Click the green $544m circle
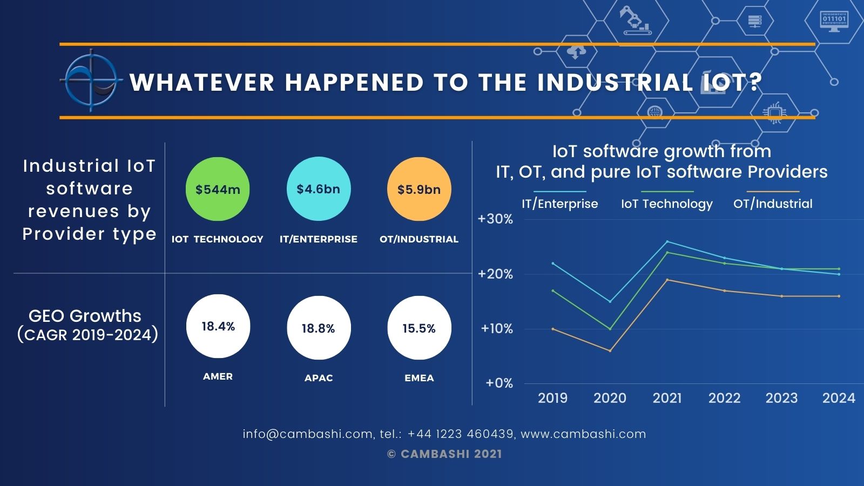point(218,189)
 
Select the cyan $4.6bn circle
point(319,189)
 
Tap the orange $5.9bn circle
point(419,189)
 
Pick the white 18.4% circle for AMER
point(218,326)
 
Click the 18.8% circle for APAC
point(319,328)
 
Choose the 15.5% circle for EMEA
point(419,328)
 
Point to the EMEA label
point(419,378)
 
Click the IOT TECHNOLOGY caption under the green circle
point(218,239)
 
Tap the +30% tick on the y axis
point(495,219)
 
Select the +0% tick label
point(499,383)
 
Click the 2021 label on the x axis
point(667,399)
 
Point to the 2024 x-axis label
point(839,399)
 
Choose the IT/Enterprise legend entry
point(560,204)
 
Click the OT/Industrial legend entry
point(773,204)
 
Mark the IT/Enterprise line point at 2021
point(667,241)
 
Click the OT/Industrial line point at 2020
point(610,351)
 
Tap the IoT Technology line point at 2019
point(553,291)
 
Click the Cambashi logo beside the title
point(91,81)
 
